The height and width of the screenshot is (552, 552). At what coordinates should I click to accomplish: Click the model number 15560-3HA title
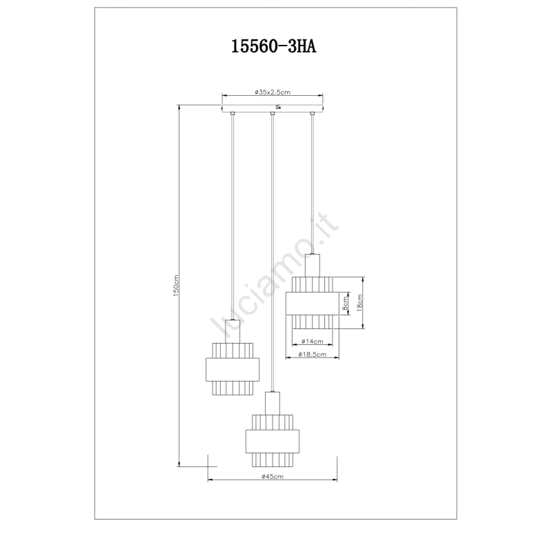tap(273, 46)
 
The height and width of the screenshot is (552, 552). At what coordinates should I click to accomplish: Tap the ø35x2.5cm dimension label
tap(273, 92)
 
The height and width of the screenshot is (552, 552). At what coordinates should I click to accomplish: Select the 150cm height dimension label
tap(176, 286)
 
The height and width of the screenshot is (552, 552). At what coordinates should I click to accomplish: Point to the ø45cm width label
tap(273, 477)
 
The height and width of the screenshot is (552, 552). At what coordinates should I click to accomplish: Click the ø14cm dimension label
tap(313, 341)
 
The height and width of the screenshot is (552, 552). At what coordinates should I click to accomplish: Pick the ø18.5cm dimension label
tap(313, 354)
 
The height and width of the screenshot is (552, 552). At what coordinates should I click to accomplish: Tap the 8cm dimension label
tap(345, 303)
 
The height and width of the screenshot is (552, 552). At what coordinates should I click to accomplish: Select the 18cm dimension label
tap(359, 303)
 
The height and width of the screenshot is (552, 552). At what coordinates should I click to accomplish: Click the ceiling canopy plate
tap(273, 108)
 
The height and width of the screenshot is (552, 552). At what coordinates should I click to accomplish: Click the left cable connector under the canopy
tap(233, 113)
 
